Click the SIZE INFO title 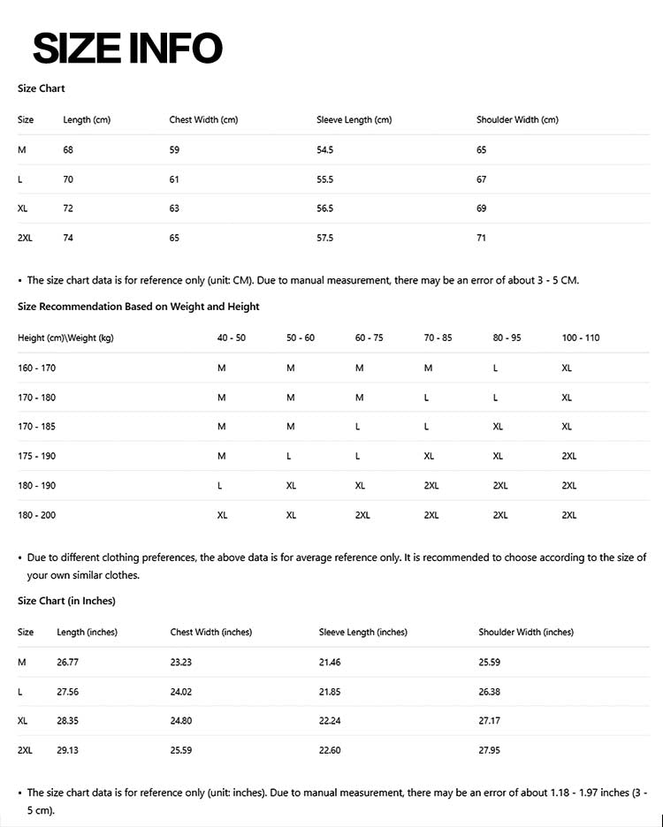pyautogui.click(x=127, y=48)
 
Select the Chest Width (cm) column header pyautogui.click(x=203, y=120)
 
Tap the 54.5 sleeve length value pyautogui.click(x=324, y=150)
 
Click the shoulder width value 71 pyautogui.click(x=482, y=238)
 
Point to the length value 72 pyautogui.click(x=68, y=209)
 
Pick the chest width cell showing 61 pyautogui.click(x=174, y=179)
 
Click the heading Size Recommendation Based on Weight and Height pyautogui.click(x=139, y=307)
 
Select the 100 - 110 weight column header pyautogui.click(x=581, y=338)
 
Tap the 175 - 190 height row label pyautogui.click(x=36, y=456)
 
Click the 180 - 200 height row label pyautogui.click(x=36, y=515)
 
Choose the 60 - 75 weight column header pyautogui.click(x=370, y=338)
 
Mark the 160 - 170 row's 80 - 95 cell pyautogui.click(x=496, y=368)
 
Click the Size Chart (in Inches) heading pyautogui.click(x=66, y=601)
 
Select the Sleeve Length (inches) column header pyautogui.click(x=363, y=633)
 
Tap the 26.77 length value pyautogui.click(x=68, y=662)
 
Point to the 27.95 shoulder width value pyautogui.click(x=490, y=750)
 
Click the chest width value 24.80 pyautogui.click(x=181, y=721)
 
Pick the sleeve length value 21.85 pyautogui.click(x=330, y=692)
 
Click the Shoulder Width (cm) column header pyautogui.click(x=517, y=120)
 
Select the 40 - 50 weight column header pyautogui.click(x=232, y=338)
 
